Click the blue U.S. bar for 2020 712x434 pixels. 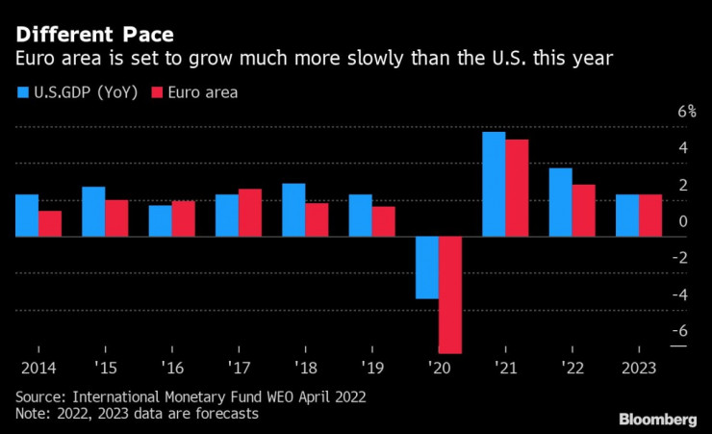pos(427,267)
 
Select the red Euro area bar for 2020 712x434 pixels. pos(450,294)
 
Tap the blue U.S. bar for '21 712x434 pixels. pos(494,184)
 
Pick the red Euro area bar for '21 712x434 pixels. pos(518,188)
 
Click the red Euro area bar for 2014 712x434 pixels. pos(50,223)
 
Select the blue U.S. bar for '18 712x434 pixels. pos(293,210)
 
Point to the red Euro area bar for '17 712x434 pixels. pos(250,213)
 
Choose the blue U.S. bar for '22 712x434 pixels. pos(561,202)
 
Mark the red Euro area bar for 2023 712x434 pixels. pos(650,216)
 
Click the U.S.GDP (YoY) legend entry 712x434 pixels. pos(78,92)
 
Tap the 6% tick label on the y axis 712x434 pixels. pos(685,111)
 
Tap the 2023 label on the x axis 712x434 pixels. pos(638,367)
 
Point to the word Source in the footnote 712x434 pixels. pos(39,396)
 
